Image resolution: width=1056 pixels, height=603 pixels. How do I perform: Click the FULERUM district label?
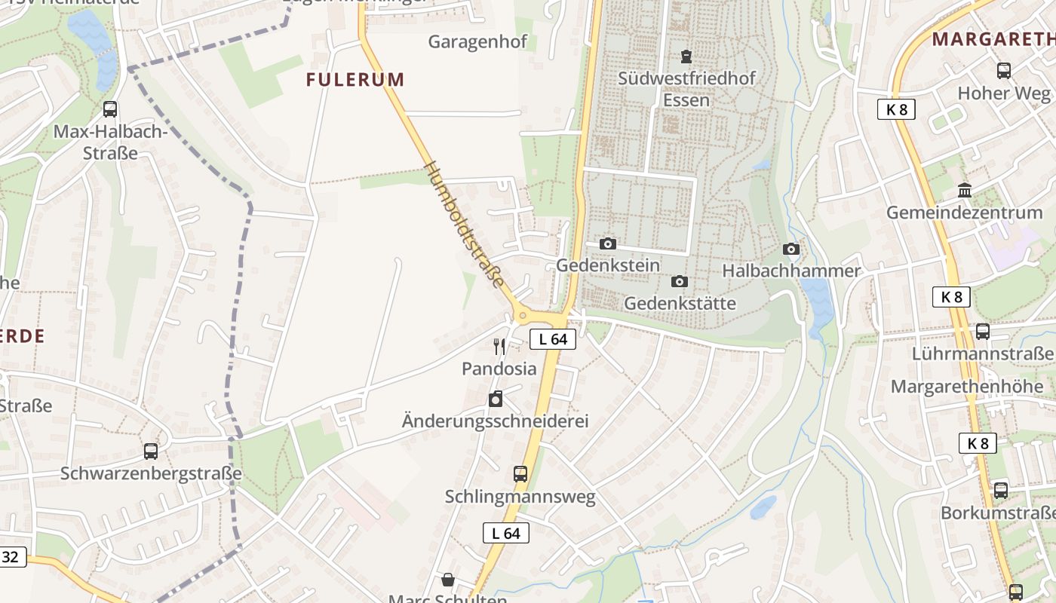[x=355, y=79]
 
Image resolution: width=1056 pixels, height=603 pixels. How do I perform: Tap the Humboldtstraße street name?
[x=465, y=225]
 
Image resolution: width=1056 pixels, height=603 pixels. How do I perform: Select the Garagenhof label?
[x=477, y=41]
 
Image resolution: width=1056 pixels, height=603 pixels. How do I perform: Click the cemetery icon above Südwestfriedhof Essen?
[x=686, y=57]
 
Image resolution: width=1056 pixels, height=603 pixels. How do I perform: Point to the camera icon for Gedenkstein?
[x=607, y=243]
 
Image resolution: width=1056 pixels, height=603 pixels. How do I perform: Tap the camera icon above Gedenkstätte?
[x=679, y=281]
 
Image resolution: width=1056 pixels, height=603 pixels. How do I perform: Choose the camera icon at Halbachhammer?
[x=790, y=249]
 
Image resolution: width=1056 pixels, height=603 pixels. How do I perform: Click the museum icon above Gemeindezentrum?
[x=964, y=190]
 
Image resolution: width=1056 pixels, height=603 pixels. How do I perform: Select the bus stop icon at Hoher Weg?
[x=1003, y=71]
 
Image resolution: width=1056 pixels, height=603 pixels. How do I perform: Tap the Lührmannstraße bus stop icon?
[x=982, y=332]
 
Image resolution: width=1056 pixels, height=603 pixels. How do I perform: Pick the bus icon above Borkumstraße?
[x=1000, y=490]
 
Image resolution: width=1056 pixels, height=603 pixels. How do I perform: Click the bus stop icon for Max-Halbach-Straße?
[x=110, y=109]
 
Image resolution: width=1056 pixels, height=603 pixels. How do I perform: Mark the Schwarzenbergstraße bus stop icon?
[x=151, y=451]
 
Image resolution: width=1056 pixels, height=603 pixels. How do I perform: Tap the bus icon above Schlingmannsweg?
[x=520, y=474]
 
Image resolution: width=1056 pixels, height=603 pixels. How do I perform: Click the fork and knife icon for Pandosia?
[x=499, y=347]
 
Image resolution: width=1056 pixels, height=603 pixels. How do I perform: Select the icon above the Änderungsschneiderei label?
[x=495, y=399]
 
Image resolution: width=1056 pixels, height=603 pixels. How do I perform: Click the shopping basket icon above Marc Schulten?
[x=448, y=580]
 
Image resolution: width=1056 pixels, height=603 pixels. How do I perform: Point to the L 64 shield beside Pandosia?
[x=552, y=339]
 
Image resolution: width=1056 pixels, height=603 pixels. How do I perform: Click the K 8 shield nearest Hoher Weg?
[x=896, y=109]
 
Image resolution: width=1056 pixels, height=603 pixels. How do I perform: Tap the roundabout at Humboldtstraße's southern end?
[x=521, y=315]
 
